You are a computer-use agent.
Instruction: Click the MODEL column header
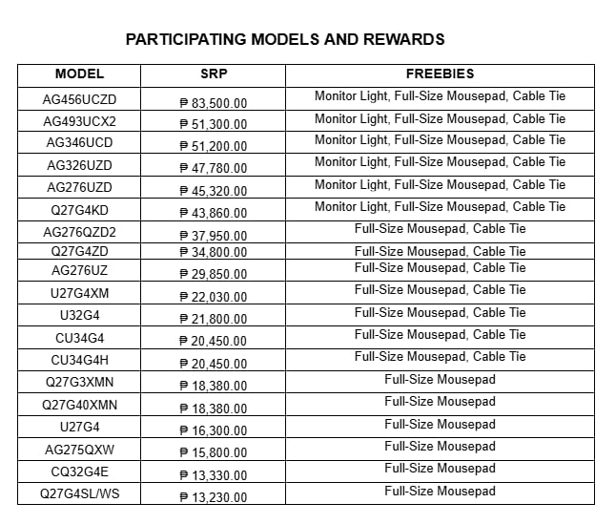[x=79, y=74]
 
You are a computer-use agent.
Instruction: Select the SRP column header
[x=213, y=74]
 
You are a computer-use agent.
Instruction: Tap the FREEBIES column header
[x=440, y=74]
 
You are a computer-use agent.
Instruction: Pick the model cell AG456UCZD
[x=79, y=99]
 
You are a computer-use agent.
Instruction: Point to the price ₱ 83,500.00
[x=213, y=102]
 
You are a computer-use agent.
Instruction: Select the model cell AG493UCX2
[x=79, y=122]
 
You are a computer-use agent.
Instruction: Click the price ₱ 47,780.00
[x=213, y=169]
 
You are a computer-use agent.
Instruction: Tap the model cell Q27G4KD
[x=79, y=210]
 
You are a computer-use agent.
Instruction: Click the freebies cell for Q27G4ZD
[x=440, y=252]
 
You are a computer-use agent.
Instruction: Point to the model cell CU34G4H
[x=79, y=360]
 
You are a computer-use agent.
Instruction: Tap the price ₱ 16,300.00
[x=213, y=430]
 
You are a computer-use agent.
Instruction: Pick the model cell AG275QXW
[x=79, y=450]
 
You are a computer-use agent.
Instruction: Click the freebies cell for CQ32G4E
[x=440, y=469]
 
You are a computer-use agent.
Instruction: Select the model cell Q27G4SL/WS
[x=79, y=494]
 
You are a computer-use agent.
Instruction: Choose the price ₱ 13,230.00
[x=213, y=497]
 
